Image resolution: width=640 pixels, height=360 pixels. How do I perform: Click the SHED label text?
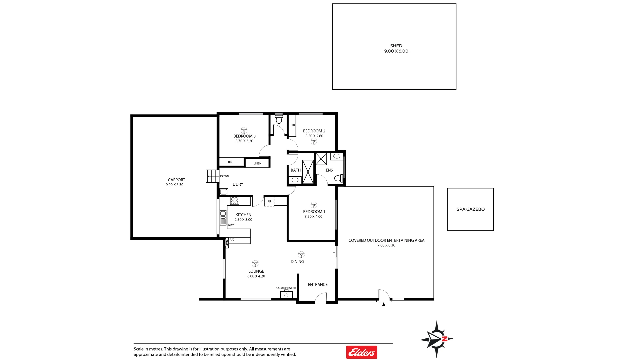396,46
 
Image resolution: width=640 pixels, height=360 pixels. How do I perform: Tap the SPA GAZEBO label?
470,209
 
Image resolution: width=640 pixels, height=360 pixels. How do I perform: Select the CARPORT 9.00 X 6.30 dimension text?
174,185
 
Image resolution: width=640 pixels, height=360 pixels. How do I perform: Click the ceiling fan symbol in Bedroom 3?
244,130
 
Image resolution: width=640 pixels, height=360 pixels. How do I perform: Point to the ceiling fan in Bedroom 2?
314,141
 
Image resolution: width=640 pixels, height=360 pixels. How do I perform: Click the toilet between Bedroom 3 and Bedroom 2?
279,119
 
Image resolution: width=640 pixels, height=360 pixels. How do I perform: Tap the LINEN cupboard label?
257,163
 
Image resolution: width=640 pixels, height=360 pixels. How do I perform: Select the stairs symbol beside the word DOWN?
212,176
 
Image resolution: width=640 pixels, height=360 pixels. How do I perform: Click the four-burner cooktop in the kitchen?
235,201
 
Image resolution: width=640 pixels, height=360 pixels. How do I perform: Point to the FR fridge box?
269,201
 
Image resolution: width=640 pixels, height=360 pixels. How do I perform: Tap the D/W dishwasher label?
231,225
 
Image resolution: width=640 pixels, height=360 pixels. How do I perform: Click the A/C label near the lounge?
232,240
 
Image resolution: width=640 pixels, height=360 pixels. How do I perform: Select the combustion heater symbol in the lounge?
286,295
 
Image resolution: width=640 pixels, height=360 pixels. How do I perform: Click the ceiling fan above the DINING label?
301,255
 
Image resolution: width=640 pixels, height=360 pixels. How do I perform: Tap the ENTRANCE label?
318,285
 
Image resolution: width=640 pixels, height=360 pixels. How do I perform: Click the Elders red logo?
361,352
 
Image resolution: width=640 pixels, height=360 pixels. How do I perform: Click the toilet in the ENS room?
338,178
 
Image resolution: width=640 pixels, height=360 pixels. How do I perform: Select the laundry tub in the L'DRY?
224,192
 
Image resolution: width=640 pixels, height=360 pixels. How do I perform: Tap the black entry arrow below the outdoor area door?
384,304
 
